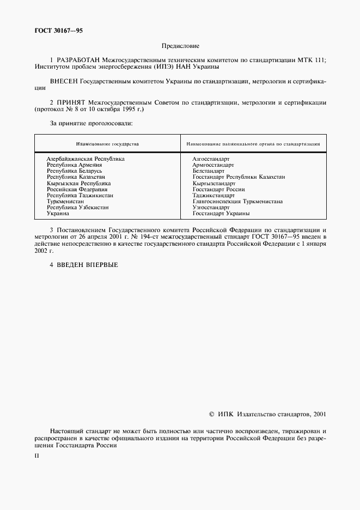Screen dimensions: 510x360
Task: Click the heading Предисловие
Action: pyautogui.click(x=180, y=46)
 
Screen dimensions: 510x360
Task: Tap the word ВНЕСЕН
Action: pyautogui.click(x=64, y=81)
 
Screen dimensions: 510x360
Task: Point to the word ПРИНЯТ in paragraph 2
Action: pyautogui.click(x=70, y=102)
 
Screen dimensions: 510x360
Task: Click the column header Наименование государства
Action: pyautogui.click(x=107, y=144)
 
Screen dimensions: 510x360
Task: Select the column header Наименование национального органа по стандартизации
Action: pyautogui.click(x=253, y=144)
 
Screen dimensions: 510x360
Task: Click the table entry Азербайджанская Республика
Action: pyautogui.click(x=86, y=159)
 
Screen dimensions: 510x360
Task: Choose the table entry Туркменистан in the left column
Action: pyautogui.click(x=65, y=201)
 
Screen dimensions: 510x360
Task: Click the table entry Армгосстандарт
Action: pyautogui.click(x=213, y=165)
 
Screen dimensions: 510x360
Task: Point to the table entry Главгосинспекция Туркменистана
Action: pyautogui.click(x=237, y=201)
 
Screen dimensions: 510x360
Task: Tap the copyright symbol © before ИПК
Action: pyautogui.click(x=212, y=415)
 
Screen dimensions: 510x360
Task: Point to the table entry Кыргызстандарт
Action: pyautogui.click(x=213, y=183)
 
